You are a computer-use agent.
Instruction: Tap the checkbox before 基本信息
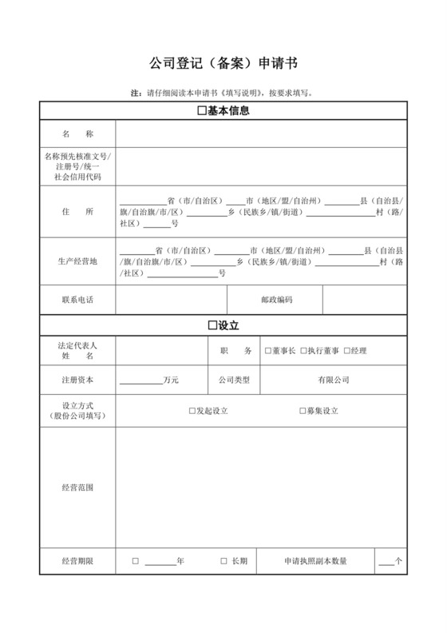pos(201,111)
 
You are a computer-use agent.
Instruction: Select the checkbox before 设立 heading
pos(212,326)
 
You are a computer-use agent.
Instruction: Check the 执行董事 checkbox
pos(303,351)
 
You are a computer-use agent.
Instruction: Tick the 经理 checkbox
pos(347,351)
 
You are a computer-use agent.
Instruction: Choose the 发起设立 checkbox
pos(192,411)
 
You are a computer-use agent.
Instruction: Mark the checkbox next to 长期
pos(223,562)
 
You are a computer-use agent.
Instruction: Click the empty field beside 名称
pos(260,133)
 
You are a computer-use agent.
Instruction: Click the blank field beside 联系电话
pos(171,300)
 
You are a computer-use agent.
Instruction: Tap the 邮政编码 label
pos(276,300)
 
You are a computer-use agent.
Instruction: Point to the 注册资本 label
pos(77,380)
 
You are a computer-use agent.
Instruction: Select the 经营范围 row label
pos(77,487)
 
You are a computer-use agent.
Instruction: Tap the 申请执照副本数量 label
pos(315,562)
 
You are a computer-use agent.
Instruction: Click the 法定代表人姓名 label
pos(77,351)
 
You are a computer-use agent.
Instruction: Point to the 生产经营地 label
pos(77,261)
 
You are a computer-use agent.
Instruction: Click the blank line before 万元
pos(140,381)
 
